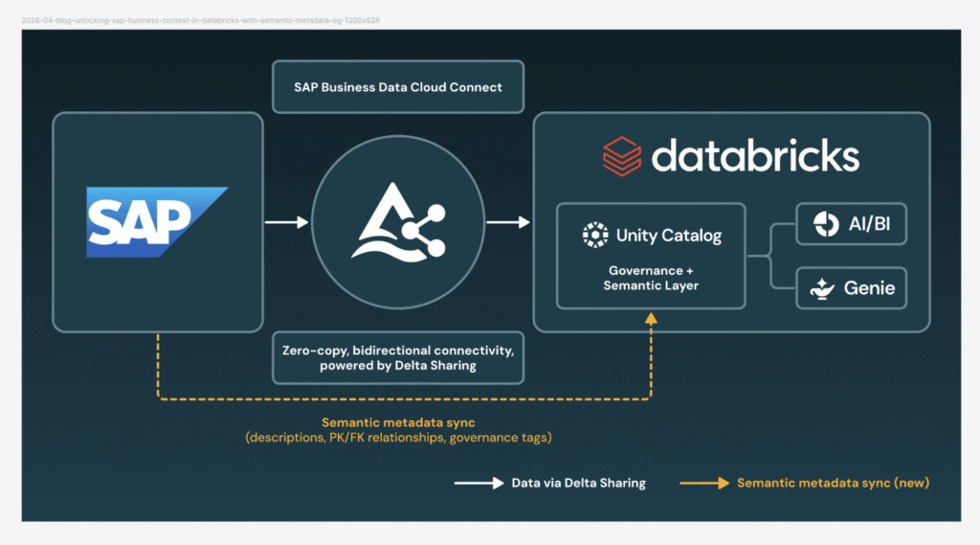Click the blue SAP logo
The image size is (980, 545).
pos(156,222)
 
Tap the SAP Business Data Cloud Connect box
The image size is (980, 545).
pos(398,87)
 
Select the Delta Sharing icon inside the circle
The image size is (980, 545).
pos(398,223)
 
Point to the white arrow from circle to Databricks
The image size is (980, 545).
pos(508,222)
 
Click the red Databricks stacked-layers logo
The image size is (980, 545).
pos(622,157)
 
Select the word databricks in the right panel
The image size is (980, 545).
pos(755,156)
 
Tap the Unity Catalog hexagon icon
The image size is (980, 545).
pos(594,236)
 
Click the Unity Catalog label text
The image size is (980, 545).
pos(668,236)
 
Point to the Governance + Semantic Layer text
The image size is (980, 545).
pos(651,279)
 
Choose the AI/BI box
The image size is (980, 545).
pos(851,224)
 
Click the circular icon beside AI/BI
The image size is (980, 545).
pos(825,224)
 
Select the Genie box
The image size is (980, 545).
pos(851,288)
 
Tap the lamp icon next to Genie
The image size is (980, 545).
pos(823,288)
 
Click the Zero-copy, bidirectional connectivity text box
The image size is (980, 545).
pos(398,358)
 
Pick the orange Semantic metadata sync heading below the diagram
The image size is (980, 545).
pos(398,422)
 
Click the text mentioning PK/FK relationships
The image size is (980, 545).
pos(398,438)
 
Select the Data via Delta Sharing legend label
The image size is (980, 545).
pos(578,483)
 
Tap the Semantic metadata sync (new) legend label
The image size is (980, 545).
pos(832,483)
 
